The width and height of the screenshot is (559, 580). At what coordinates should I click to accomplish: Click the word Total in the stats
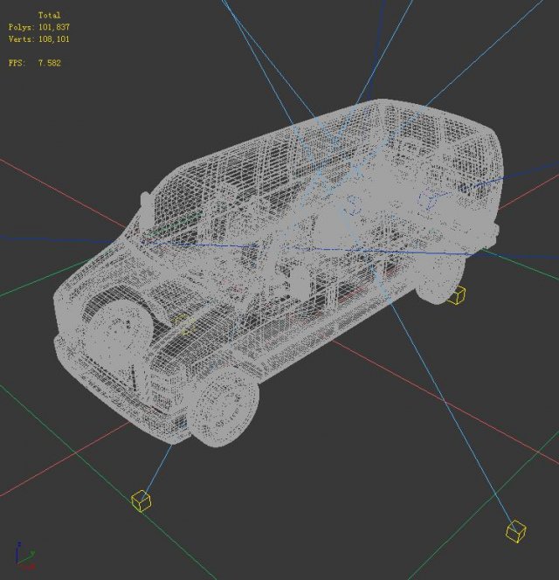coord(49,16)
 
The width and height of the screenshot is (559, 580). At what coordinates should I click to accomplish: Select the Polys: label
coord(22,27)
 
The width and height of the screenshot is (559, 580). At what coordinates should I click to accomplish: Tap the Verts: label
coord(22,39)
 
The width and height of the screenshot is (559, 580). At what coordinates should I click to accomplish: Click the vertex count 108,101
coord(54,39)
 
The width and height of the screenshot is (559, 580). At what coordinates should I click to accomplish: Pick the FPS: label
coord(17,63)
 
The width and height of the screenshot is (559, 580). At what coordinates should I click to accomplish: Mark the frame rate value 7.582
coord(49,63)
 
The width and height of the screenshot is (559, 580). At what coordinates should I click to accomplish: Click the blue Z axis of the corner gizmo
coord(17,549)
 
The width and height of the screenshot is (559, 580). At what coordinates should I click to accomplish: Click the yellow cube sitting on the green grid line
coord(141,500)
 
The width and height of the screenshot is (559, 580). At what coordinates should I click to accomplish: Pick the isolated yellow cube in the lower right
coord(515,530)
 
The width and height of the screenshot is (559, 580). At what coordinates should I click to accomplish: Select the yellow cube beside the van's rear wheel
coord(456,295)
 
